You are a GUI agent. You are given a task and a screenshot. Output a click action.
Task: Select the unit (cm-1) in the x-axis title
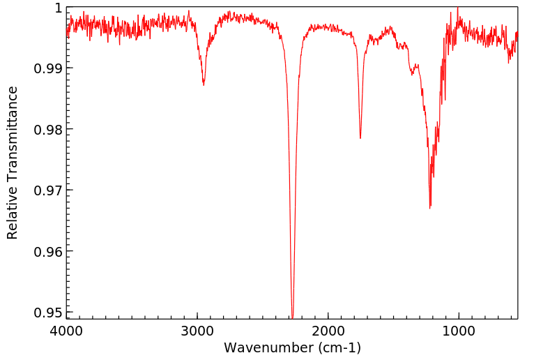tap(337, 347)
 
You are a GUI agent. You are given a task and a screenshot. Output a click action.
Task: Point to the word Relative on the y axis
tap(13, 210)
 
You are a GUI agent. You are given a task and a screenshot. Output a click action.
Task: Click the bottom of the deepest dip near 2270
tap(293, 317)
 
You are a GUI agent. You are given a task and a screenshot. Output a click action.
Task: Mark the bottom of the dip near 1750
tap(360, 138)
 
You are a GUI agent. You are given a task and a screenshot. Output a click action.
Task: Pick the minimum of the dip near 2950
tap(204, 85)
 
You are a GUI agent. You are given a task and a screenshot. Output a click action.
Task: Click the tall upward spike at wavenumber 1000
tap(458, 8)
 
